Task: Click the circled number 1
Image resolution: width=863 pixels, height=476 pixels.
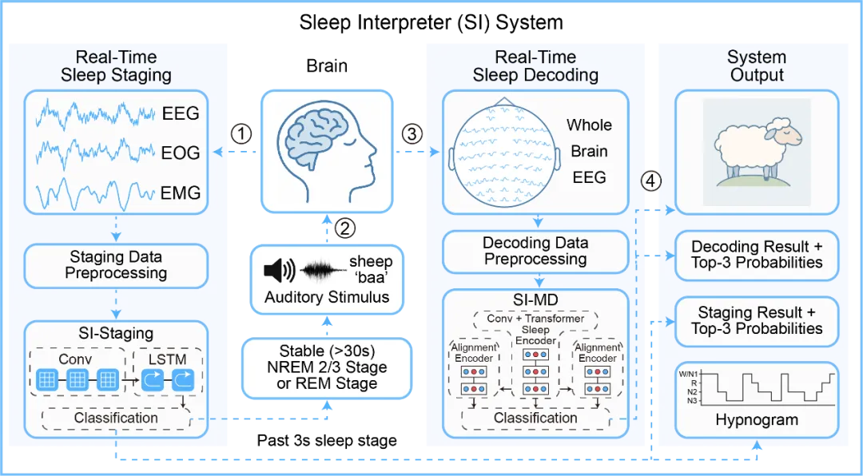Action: tap(241, 133)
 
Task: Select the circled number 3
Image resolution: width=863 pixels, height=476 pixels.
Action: tap(412, 133)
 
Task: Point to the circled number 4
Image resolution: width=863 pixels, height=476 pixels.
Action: tap(651, 181)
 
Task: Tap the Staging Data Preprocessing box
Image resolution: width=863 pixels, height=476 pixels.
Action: tap(117, 265)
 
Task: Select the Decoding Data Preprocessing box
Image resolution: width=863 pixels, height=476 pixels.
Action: tap(535, 250)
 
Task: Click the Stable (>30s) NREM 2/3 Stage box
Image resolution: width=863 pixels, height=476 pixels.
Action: tap(328, 367)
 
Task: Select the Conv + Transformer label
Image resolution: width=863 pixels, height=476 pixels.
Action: tap(535, 318)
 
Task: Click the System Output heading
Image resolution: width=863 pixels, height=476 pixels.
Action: tap(756, 65)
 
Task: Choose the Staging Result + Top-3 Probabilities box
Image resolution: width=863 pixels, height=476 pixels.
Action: tap(756, 319)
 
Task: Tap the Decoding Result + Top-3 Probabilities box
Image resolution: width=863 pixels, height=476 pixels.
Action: tap(756, 254)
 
